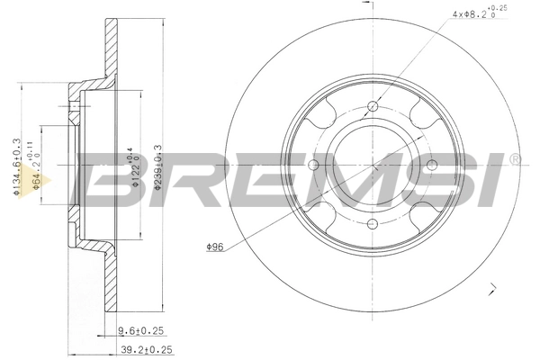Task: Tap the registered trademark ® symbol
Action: point(515,160)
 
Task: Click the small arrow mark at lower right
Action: point(493,288)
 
